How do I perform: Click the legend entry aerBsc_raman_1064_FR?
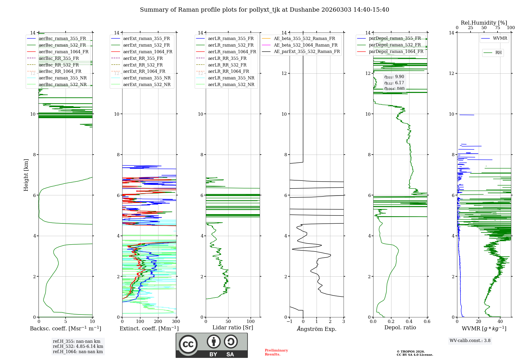63,52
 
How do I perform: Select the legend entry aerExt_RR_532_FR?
143,65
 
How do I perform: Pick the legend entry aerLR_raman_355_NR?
231,78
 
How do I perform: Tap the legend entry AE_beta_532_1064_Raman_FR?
305,45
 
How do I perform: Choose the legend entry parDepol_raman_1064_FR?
396,51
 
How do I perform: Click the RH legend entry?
498,53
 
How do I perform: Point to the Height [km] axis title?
26,175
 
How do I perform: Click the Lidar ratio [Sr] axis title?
233,327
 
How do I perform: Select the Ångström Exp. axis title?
317,329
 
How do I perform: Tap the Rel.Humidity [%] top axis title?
484,23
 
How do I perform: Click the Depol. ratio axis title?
400,327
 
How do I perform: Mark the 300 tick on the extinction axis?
176,322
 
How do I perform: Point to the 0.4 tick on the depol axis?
409,322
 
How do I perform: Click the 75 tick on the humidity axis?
498,28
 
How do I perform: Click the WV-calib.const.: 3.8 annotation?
470,340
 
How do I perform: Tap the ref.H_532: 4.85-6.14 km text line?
78,346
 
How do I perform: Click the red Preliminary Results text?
276,352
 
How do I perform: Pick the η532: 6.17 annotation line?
394,83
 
